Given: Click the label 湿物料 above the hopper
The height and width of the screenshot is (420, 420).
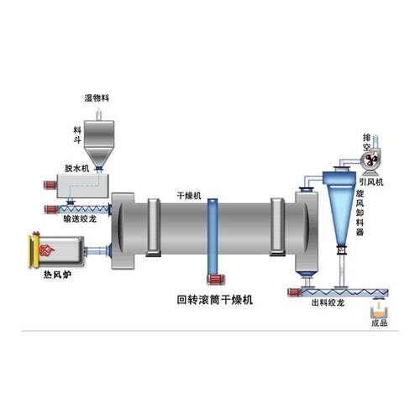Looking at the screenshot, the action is tap(97, 98).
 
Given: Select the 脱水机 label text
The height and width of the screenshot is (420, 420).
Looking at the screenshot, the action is tap(76, 168).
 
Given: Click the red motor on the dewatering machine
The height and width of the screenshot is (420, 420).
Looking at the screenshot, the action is tap(50, 185).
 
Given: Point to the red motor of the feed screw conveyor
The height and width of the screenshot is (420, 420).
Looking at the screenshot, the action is tap(51, 209).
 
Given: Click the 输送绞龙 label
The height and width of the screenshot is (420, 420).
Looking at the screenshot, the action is tap(80, 219).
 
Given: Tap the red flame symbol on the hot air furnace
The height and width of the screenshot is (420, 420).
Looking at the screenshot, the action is tap(47, 250).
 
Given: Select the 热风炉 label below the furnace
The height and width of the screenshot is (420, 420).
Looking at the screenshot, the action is tap(57, 275).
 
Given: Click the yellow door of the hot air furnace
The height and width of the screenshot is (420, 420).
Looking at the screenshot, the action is tap(34, 251).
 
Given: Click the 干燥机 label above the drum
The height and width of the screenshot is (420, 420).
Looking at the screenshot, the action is tap(189, 196).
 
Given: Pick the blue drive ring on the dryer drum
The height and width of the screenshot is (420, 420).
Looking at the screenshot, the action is tap(213, 237).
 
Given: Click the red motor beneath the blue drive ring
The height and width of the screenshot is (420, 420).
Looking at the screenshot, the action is tap(216, 279).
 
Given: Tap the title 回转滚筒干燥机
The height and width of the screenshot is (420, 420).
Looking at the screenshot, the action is tap(215, 300).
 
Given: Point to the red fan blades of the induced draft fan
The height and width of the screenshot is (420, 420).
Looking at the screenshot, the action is tap(371, 160).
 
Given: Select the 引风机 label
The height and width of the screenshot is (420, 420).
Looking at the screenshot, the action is tap(371, 182).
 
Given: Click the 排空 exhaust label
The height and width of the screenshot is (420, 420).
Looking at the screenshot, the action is tap(367, 142).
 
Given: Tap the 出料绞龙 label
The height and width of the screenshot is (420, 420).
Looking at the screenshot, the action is tap(328, 302).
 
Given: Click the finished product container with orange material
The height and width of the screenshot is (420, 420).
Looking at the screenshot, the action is tap(379, 312).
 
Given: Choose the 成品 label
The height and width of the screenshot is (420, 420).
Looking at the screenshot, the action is tap(380, 323).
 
